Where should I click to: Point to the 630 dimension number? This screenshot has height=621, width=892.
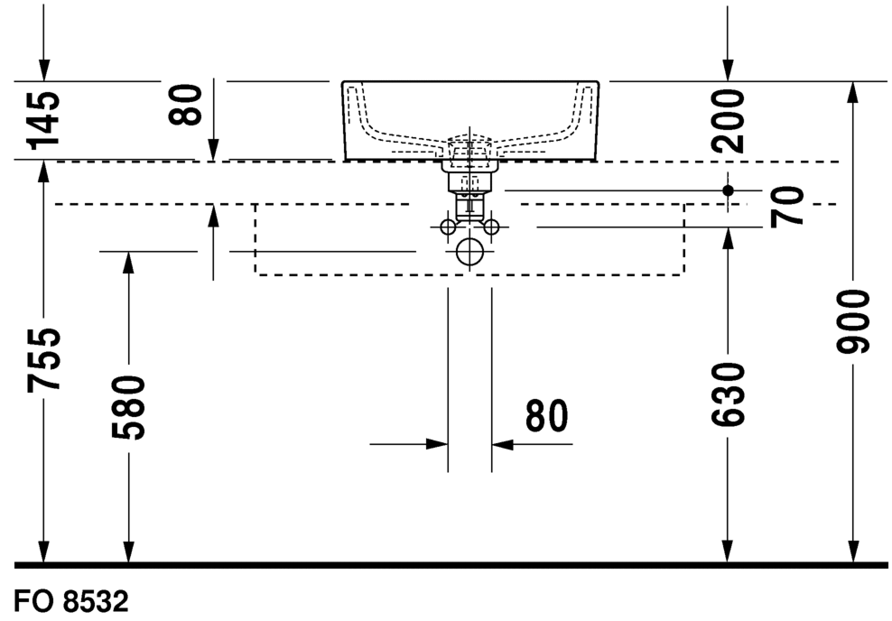coord(729,395)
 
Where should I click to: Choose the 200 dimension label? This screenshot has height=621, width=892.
coord(729,120)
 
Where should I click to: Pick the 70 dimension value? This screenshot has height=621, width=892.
coord(787,206)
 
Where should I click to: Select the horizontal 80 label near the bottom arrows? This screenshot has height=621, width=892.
coord(546,415)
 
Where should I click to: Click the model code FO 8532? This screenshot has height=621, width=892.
coord(71,602)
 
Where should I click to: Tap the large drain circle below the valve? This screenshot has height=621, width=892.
coord(469,252)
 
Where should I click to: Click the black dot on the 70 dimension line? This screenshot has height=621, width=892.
coord(729,190)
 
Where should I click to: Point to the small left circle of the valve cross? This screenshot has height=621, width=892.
coord(449,227)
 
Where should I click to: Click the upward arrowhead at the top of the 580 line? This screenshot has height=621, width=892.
coord(128,263)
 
